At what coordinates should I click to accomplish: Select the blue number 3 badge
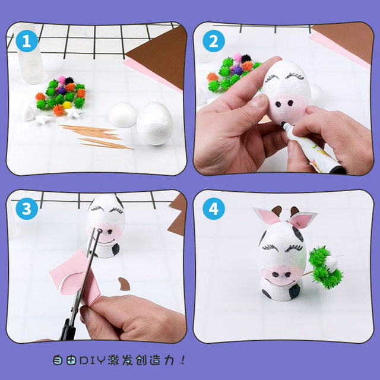point(24,208)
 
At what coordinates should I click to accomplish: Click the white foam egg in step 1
point(155,123)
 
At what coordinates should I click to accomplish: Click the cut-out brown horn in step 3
point(124,284)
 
